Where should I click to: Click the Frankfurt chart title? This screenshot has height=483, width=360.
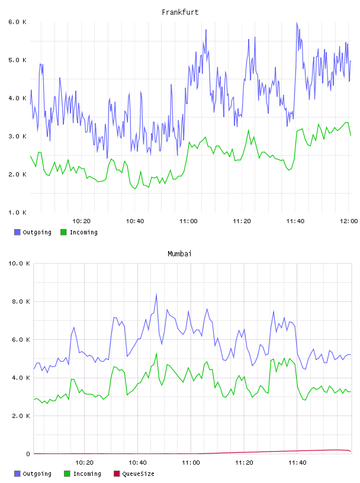180,12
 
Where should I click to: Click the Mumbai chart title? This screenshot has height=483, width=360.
179,254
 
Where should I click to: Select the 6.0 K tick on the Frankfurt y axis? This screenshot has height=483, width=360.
17,22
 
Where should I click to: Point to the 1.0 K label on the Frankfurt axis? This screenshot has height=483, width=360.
17,212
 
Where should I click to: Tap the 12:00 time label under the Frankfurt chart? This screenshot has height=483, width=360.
349,221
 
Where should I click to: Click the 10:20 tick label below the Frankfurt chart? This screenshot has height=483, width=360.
81,221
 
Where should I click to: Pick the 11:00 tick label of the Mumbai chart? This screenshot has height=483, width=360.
191,463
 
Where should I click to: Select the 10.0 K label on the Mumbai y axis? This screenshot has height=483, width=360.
19,263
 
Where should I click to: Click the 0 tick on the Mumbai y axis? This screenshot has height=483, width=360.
28,454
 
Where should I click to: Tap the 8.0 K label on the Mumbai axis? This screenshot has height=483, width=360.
21,301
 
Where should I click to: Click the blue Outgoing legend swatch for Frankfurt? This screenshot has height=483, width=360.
17,232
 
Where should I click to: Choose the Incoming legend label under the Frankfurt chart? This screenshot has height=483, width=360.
84,233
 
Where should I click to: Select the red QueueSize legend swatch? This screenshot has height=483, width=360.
117,474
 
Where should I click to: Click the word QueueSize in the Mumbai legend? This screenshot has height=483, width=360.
138,474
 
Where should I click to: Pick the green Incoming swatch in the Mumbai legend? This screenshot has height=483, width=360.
67,474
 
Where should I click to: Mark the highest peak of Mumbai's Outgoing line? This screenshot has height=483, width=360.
156,294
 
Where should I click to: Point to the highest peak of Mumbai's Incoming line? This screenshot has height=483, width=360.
156,353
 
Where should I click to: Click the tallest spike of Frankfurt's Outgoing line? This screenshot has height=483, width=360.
297,22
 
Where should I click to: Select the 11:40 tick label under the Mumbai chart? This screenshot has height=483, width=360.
297,463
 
